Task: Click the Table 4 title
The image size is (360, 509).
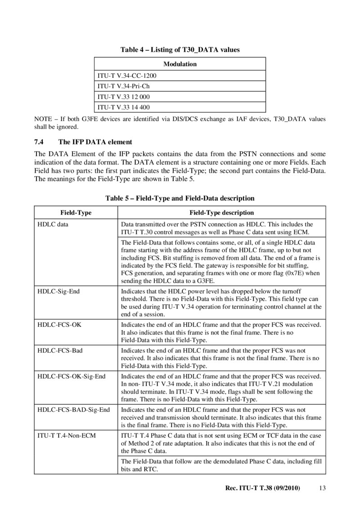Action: point(180,50)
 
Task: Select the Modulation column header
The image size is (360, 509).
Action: point(180,64)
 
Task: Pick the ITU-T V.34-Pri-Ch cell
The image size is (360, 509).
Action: point(123,86)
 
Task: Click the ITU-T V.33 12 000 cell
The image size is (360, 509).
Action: point(123,97)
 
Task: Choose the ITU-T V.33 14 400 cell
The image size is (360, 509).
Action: point(123,107)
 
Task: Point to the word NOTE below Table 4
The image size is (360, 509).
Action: point(43,119)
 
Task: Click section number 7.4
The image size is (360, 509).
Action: point(39,143)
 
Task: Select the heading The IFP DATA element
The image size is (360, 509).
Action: point(95,143)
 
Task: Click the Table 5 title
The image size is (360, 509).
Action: point(180,198)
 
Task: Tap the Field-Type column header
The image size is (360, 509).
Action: point(76,212)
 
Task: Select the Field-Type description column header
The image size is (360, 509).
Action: point(220,212)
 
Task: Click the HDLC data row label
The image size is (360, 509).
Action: point(53,224)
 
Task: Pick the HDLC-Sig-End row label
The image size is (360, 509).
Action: point(58,292)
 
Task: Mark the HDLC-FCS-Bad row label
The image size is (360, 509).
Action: point(60,350)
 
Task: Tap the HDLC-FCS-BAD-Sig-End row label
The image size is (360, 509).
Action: point(73,410)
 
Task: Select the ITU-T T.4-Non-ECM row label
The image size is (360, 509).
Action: point(67,435)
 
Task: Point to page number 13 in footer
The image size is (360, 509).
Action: point(321,488)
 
